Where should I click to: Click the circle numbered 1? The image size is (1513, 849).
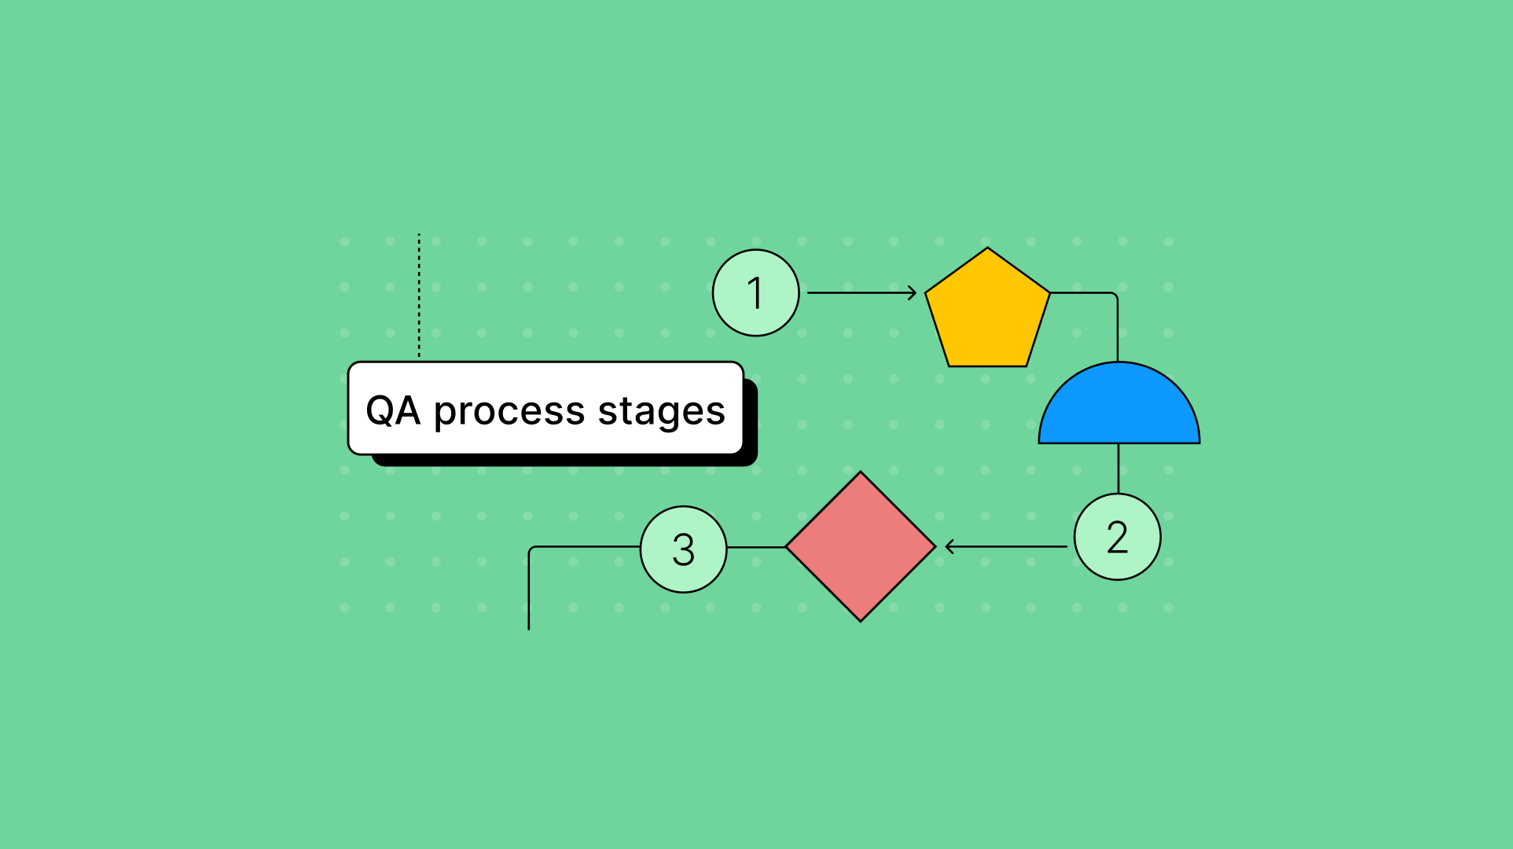756,293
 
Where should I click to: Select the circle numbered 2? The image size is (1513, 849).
1118,537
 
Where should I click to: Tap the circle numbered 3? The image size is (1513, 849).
684,549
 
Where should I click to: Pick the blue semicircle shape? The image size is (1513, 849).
1119,402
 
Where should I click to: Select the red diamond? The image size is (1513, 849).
861,546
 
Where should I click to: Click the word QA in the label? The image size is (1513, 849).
393,410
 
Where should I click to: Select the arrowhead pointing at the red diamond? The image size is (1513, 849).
950,546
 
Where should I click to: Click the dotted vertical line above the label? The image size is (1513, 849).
419,296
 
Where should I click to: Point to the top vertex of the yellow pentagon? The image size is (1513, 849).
987,248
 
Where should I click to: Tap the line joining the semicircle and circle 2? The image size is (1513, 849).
1118,469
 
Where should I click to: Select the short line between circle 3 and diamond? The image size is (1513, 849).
756,547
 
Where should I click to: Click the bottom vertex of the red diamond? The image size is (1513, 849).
861,621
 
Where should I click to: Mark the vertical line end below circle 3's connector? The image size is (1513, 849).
529,630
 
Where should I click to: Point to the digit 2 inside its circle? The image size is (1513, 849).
1118,538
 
